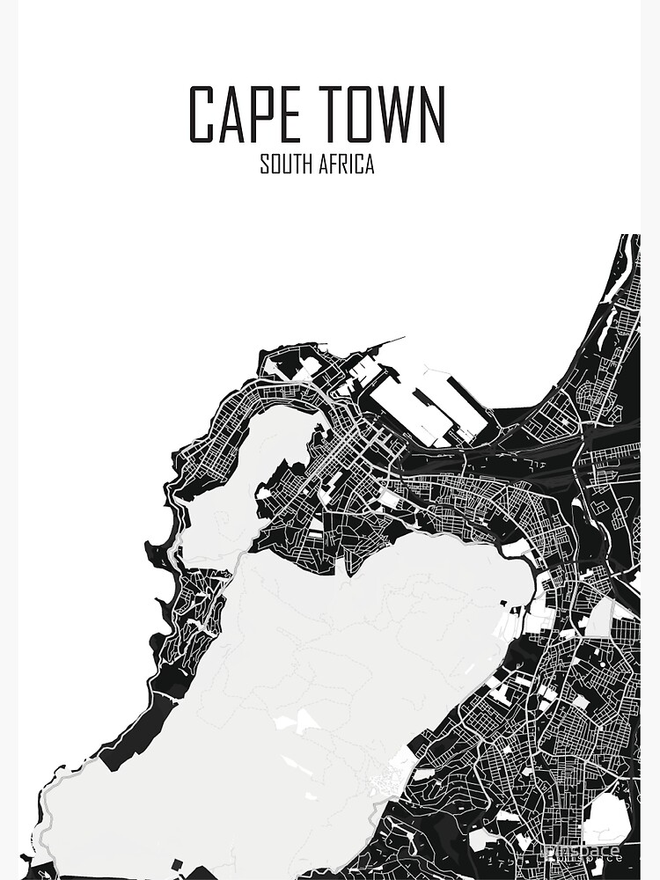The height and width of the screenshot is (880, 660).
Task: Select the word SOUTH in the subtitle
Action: click(x=287, y=165)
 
